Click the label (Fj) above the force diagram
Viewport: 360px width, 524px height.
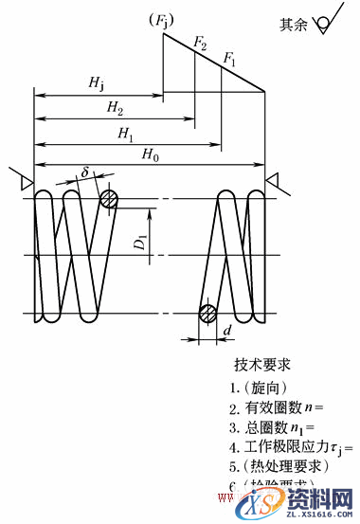tap(151, 20)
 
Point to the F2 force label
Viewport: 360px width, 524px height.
tap(199, 43)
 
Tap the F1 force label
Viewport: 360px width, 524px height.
tap(229, 59)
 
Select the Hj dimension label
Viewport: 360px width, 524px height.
tap(97, 83)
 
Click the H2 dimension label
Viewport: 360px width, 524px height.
tap(113, 109)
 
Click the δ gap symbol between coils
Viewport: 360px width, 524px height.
tap(84, 173)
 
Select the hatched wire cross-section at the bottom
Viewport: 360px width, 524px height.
tap(208, 315)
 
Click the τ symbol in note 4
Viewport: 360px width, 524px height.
tap(338, 445)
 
